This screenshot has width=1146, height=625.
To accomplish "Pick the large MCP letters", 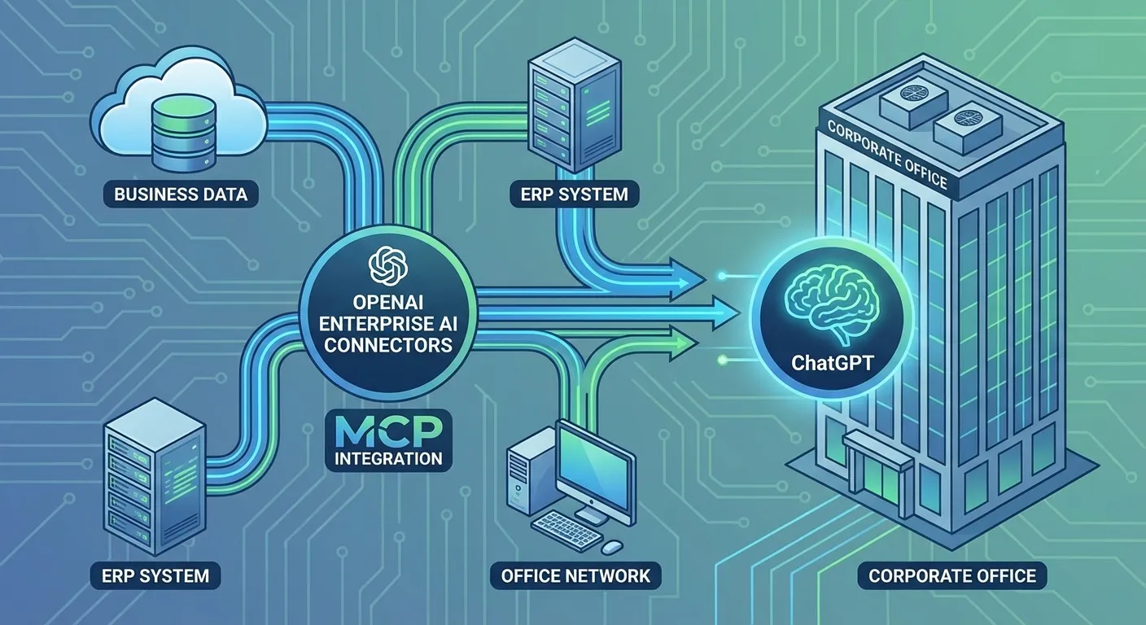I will [x=387, y=429].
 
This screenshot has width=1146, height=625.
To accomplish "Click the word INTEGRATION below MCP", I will [x=388, y=458].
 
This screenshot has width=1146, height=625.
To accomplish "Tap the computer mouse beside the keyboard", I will [x=612, y=544].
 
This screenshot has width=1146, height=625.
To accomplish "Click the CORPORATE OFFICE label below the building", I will [x=952, y=576].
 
